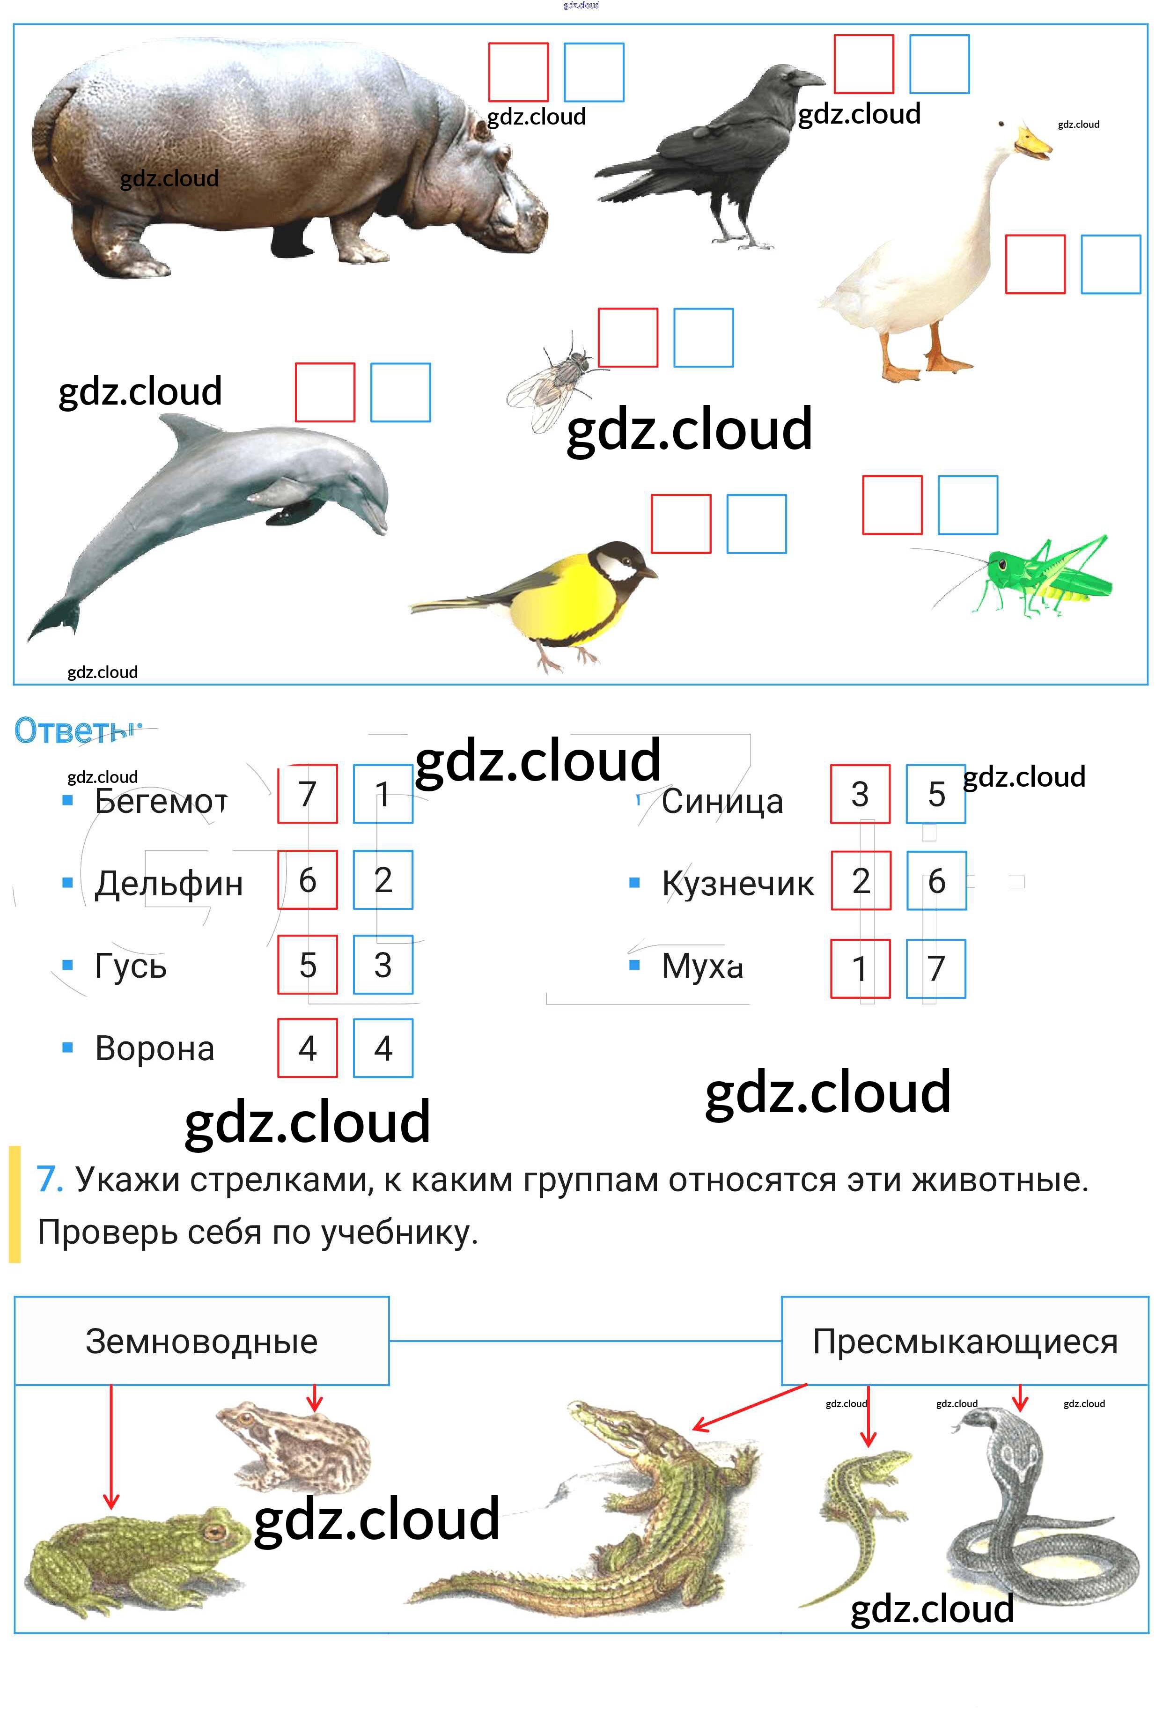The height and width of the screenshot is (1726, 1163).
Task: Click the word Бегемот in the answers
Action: point(161,801)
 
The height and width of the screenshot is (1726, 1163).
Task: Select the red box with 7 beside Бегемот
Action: point(307,794)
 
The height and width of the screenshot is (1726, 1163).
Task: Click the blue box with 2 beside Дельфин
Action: point(383,880)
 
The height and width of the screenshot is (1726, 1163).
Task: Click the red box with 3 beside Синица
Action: point(860,794)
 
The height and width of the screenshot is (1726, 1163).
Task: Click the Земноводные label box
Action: point(202,1341)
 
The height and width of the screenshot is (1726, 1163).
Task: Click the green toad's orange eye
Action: point(215,1531)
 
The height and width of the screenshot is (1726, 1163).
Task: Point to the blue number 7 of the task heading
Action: point(50,1180)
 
